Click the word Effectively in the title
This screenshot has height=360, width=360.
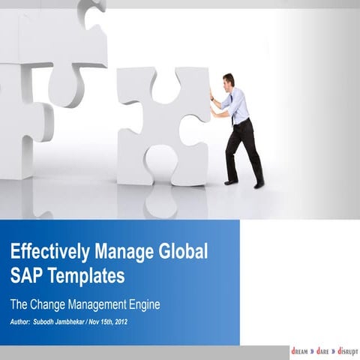(x=46, y=250)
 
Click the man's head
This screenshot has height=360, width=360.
(x=229, y=80)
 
